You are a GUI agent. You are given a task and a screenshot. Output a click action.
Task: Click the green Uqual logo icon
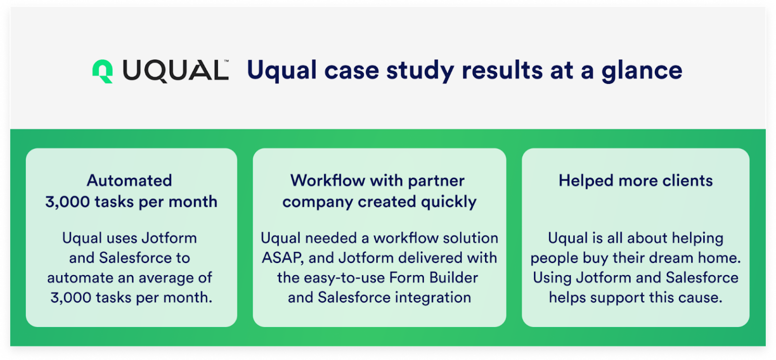[102, 71]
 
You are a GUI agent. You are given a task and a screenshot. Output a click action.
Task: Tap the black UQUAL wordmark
[174, 71]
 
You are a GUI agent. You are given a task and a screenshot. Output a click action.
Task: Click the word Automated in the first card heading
[129, 180]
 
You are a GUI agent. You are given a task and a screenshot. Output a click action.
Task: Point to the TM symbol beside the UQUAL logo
[226, 61]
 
